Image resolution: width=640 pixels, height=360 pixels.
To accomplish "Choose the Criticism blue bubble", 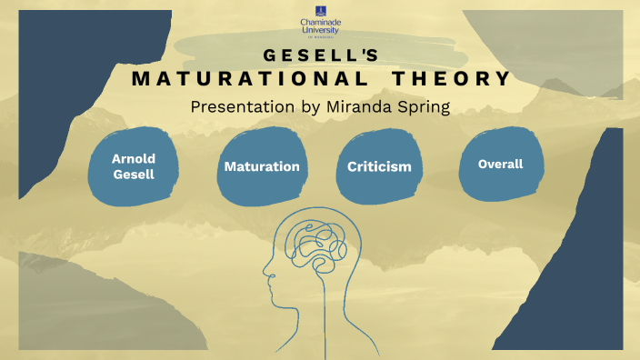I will pos(379,166).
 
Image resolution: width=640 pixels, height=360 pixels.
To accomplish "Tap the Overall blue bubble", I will pos(500,165).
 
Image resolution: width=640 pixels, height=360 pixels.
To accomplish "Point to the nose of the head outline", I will pos(264,270).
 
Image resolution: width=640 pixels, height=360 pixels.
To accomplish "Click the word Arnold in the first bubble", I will pos(133,158).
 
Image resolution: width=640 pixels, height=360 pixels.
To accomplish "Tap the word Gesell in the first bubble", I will pos(133,175).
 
